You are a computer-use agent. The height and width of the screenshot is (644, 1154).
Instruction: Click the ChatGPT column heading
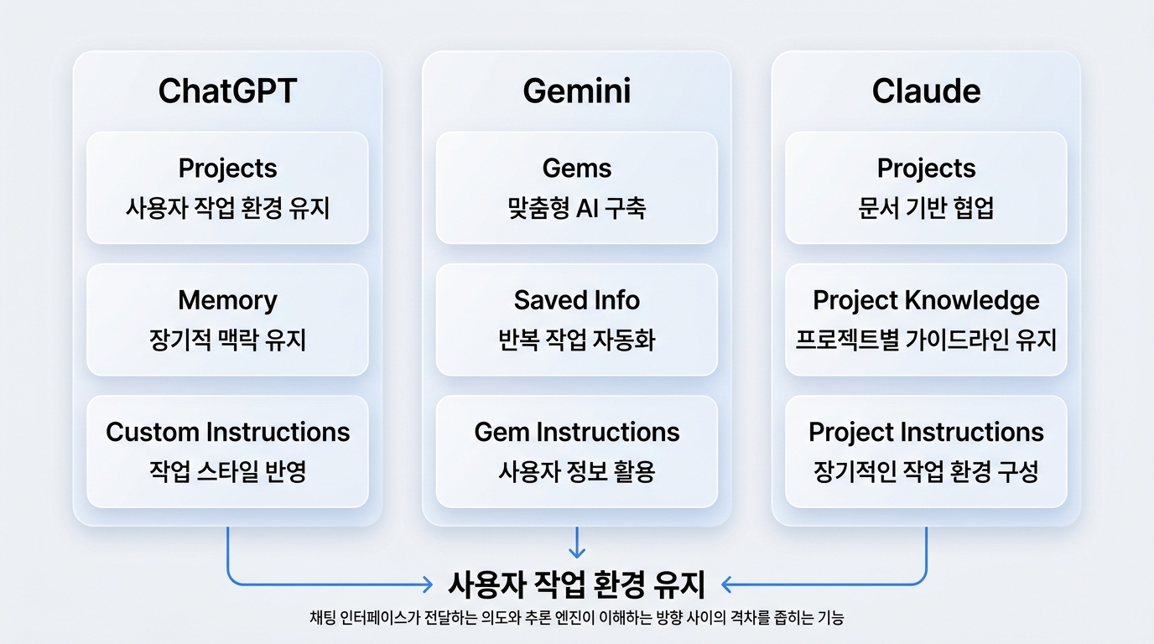(227, 91)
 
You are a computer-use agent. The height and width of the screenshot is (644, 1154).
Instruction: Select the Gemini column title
(576, 91)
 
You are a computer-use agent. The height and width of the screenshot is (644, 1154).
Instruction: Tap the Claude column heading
(926, 91)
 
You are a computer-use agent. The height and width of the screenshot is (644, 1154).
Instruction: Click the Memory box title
(227, 300)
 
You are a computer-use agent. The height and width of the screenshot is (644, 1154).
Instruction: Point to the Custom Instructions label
(227, 432)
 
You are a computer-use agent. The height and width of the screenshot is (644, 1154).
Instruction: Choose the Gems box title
(576, 168)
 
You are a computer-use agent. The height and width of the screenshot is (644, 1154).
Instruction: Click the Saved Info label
(576, 300)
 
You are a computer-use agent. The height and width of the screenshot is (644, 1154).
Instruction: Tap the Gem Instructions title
(576, 432)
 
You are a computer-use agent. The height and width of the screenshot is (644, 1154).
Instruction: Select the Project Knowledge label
(926, 301)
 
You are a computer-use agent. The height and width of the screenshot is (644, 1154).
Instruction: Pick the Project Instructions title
(926, 433)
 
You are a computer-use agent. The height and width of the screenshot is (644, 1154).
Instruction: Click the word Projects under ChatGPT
(227, 169)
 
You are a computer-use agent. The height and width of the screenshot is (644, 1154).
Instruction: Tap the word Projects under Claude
(926, 169)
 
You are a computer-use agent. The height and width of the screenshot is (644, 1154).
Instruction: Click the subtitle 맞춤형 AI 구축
(576, 208)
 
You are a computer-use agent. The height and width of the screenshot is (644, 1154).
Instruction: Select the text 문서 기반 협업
(926, 208)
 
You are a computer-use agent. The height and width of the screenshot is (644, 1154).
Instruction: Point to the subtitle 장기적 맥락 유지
(227, 340)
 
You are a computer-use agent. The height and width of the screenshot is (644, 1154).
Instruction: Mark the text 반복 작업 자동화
(576, 340)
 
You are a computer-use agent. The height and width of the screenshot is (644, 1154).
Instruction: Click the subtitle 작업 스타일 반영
(227, 472)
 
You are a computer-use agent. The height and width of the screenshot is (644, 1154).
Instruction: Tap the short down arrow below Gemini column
(576, 543)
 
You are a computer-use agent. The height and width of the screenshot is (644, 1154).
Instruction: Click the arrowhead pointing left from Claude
(726, 584)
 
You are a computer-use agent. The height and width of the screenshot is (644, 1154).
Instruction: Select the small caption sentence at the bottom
(576, 617)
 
